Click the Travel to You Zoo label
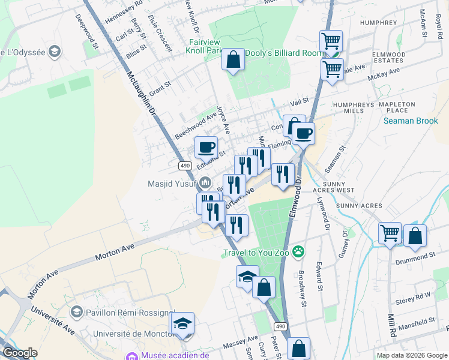[x=256, y=253]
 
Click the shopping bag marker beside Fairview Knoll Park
[x=233, y=59]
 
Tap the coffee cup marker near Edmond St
[x=206, y=146]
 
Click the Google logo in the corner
[x=20, y=353]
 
